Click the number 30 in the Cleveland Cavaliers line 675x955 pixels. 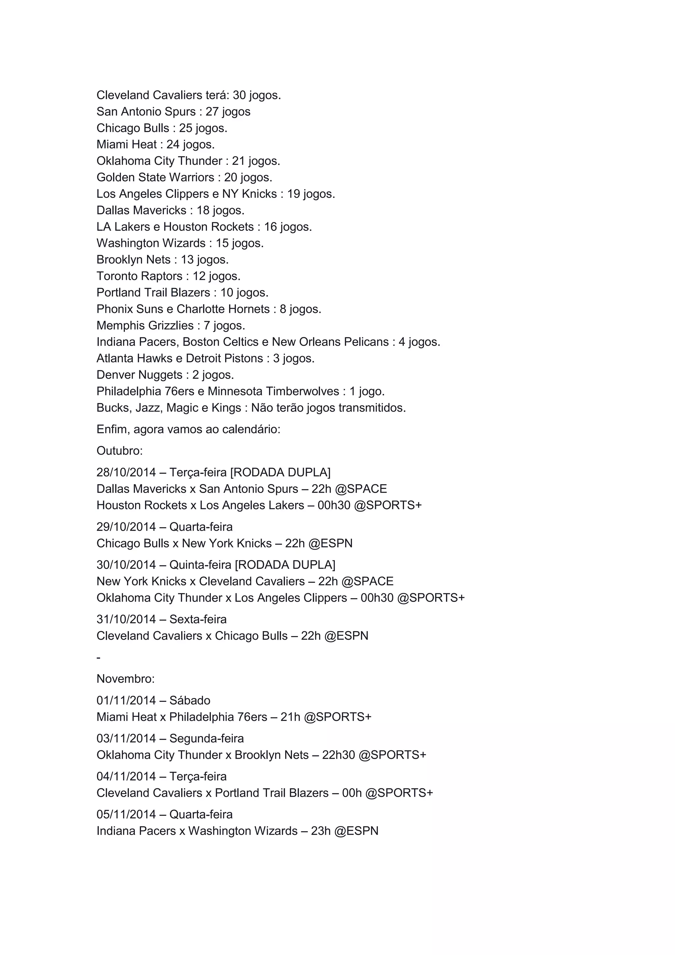click(239, 95)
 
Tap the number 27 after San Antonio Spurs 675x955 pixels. click(212, 111)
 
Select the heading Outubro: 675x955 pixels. click(120, 451)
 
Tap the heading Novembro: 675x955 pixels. click(126, 679)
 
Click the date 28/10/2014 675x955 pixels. click(126, 473)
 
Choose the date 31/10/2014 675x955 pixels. click(126, 619)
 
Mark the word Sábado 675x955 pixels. click(190, 700)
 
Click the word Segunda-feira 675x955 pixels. click(207, 738)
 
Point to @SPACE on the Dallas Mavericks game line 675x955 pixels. click(361, 489)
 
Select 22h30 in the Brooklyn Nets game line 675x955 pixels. click(338, 755)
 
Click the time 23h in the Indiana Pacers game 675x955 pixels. click(320, 831)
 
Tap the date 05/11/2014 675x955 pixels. click(126, 815)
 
